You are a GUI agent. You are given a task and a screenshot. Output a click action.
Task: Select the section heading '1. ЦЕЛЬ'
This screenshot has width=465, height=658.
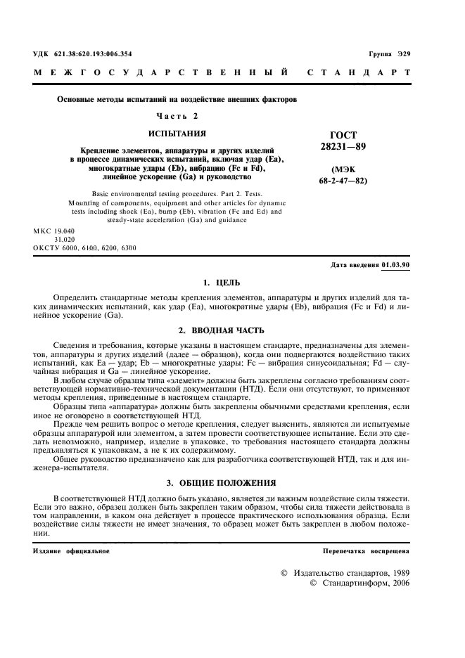click(x=221, y=283)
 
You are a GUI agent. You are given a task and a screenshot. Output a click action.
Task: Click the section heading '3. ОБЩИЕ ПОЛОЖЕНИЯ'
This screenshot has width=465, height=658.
click(x=221, y=484)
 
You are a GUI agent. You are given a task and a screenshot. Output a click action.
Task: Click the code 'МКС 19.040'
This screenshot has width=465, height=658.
click(x=54, y=231)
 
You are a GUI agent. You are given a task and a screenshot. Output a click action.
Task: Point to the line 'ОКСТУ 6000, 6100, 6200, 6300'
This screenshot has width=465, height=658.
click(x=84, y=248)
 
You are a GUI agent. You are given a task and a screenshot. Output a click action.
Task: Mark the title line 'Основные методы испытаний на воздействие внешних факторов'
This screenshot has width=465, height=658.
click(x=177, y=99)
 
